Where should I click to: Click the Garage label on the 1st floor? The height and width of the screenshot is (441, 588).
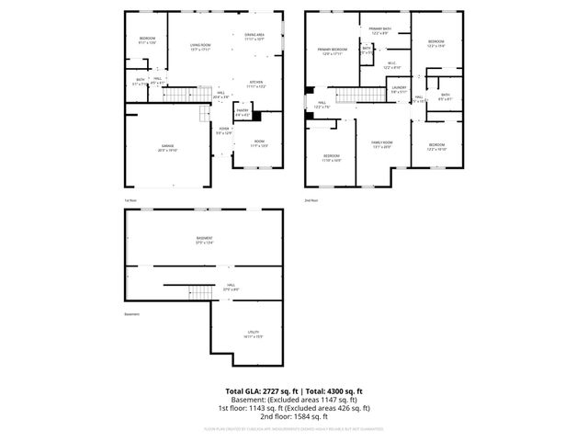pos(167,146)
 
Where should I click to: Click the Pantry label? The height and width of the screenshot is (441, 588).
pos(243,111)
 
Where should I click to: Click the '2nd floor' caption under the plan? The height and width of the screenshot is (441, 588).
pos(311,200)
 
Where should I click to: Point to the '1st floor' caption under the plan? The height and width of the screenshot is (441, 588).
pos(130,200)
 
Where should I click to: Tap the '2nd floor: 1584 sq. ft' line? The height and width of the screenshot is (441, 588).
pos(294,416)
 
